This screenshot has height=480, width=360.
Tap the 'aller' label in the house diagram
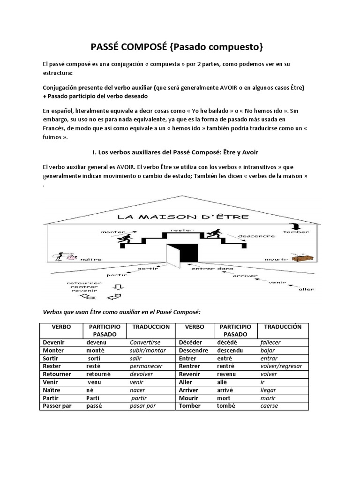coord(306,289)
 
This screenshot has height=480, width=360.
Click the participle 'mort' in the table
coord(224,398)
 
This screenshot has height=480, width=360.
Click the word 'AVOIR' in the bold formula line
coord(232,88)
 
